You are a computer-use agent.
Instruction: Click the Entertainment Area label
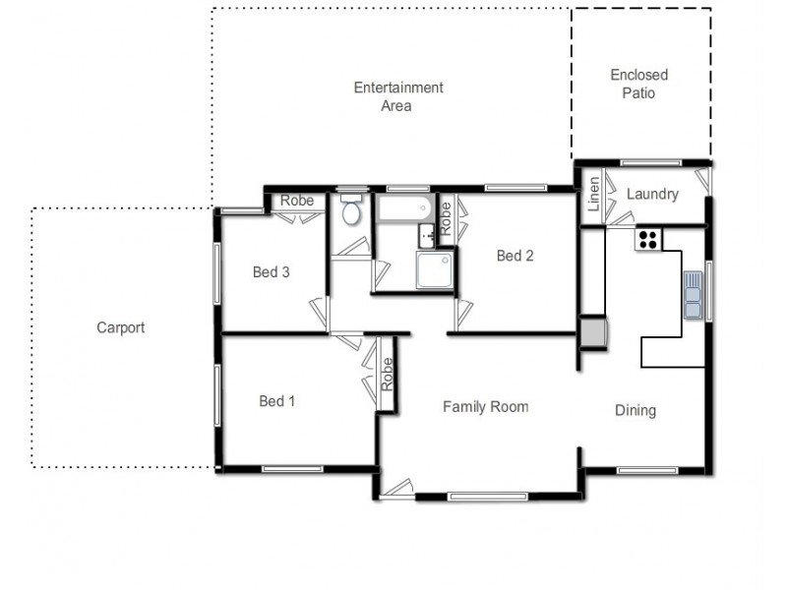click(x=398, y=96)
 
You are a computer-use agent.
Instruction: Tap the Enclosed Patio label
click(x=638, y=84)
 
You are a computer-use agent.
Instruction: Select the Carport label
click(x=120, y=327)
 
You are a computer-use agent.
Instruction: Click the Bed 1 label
click(x=276, y=400)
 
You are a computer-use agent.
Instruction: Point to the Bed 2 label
click(x=515, y=256)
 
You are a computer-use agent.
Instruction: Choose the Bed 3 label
click(x=271, y=271)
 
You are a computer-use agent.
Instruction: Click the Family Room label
click(x=485, y=406)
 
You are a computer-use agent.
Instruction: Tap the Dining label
click(x=635, y=410)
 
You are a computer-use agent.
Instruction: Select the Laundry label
click(x=652, y=194)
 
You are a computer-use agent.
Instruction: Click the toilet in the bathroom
click(x=349, y=209)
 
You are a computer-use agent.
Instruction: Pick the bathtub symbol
click(x=403, y=207)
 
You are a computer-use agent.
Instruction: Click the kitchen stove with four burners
click(x=648, y=239)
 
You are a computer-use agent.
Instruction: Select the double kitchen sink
click(x=694, y=295)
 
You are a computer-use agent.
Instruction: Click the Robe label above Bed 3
click(x=297, y=201)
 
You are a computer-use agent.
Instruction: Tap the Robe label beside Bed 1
click(x=387, y=375)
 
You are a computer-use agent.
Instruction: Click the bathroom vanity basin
click(x=427, y=235)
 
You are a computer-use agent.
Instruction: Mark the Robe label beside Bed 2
click(x=446, y=216)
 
